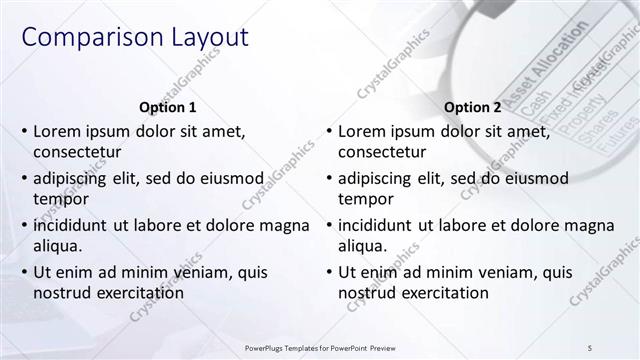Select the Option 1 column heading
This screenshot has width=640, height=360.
click(166, 107)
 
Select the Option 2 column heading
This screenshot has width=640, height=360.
click(472, 107)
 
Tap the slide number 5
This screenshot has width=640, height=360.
click(590, 347)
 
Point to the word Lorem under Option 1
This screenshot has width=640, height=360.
click(58, 131)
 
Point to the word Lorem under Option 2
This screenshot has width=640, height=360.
click(362, 131)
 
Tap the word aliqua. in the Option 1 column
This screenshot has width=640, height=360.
click(58, 246)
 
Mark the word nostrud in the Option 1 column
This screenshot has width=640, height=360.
click(62, 293)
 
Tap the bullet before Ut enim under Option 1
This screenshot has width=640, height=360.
click(24, 272)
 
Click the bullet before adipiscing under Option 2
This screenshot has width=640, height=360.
click(328, 178)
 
